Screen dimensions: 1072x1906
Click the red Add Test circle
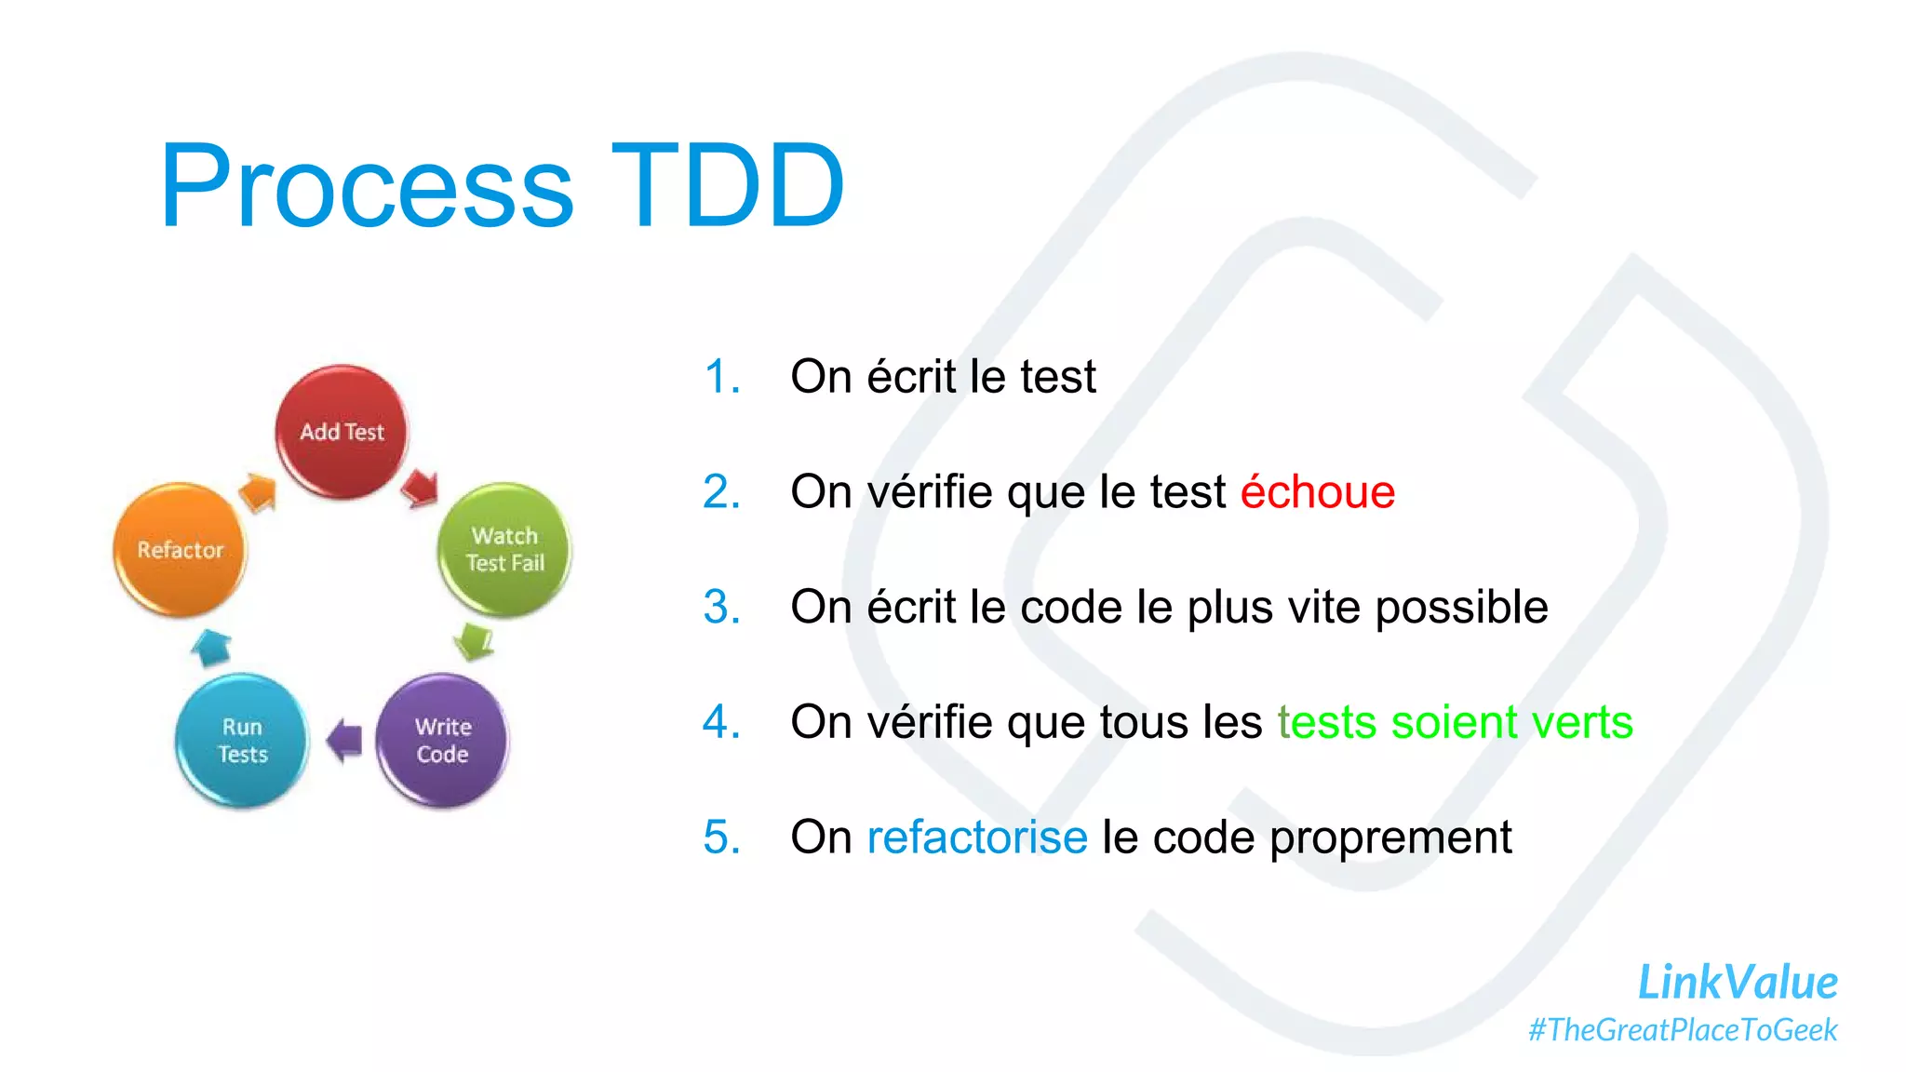pos(342,431)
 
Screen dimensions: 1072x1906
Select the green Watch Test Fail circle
pos(504,549)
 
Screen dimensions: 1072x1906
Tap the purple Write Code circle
pos(442,740)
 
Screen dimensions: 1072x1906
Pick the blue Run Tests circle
pos(242,740)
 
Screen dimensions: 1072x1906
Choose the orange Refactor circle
pos(181,549)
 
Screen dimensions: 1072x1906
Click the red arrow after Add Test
pos(420,488)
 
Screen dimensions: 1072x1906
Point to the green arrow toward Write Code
pos(475,640)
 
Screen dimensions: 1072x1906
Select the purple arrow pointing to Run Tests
pos(344,740)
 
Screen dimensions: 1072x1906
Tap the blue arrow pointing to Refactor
pos(211,647)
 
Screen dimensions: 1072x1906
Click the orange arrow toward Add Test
pos(258,491)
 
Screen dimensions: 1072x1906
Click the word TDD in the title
pos(727,185)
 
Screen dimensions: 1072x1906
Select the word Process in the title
pos(367,185)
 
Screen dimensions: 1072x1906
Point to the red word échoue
pos(1317,491)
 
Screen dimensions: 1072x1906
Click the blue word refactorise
pos(976,837)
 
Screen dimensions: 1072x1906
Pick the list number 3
pos(721,607)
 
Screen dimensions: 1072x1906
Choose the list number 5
pos(721,837)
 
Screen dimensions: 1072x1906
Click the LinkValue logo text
pos(1737,983)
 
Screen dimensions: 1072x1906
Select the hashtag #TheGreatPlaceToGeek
pos(1683,1030)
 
